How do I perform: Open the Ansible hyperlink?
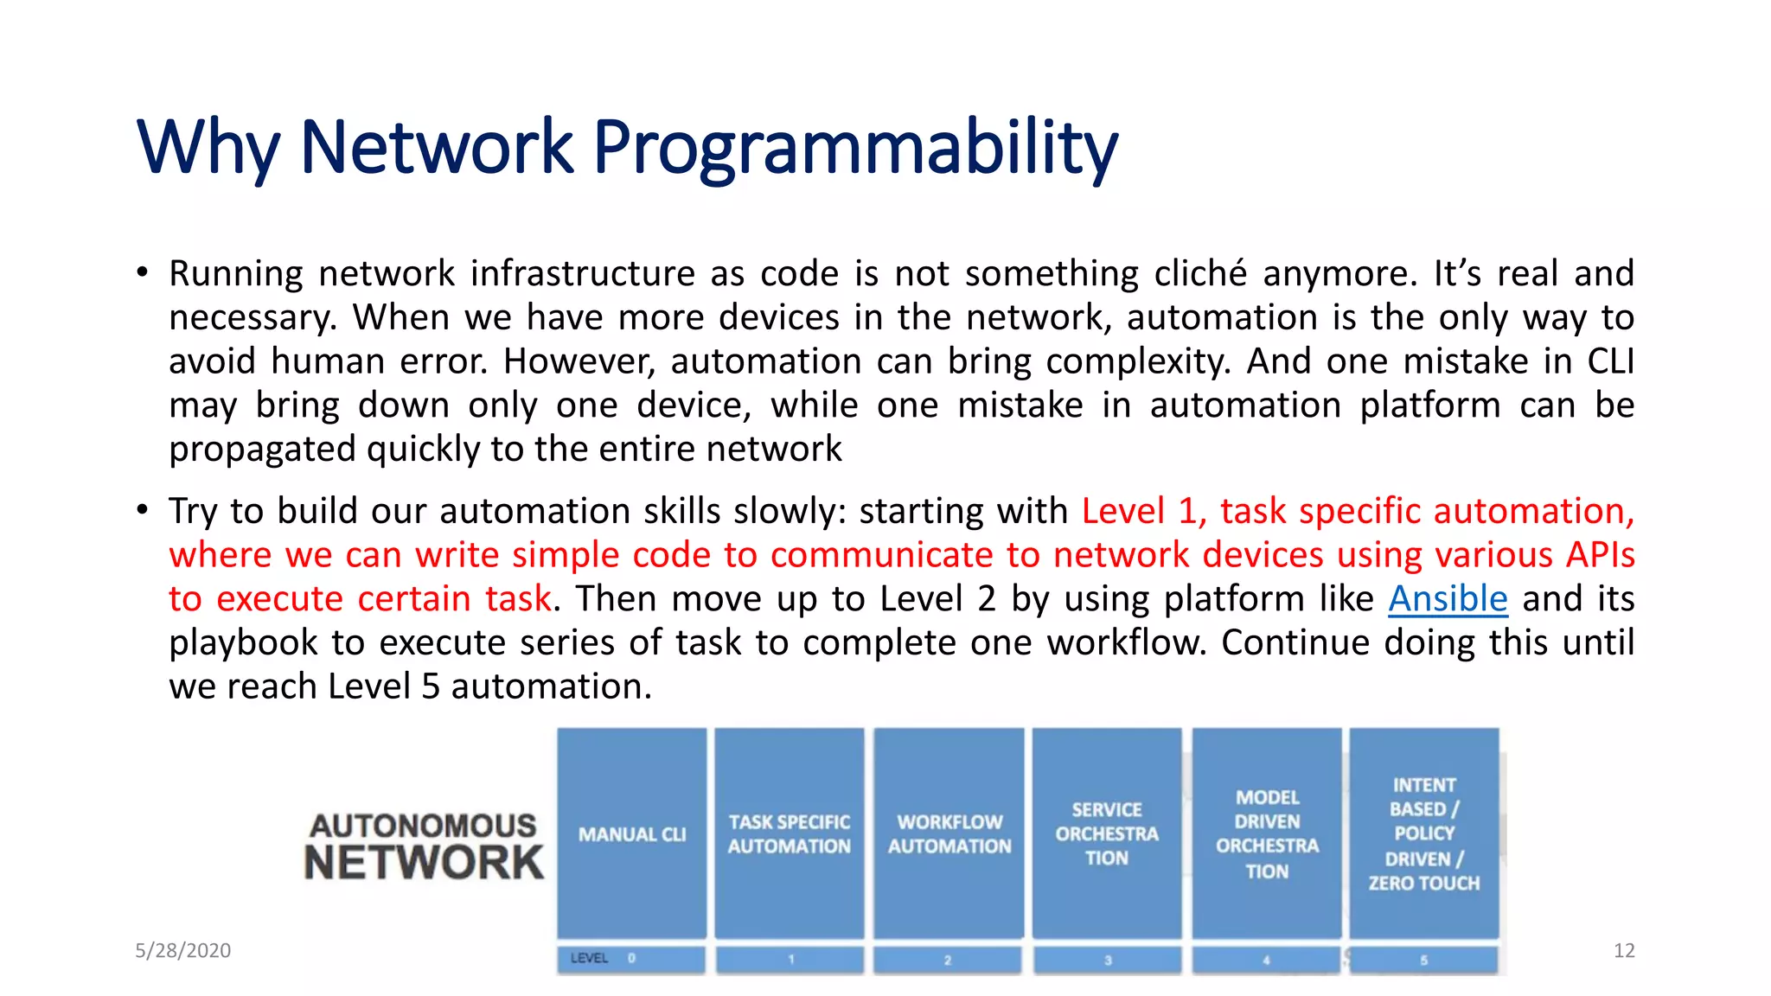pyautogui.click(x=1448, y=598)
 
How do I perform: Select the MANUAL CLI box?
pyautogui.click(x=632, y=833)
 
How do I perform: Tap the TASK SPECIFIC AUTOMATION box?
pyautogui.click(x=789, y=833)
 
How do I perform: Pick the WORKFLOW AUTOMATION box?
pyautogui.click(x=949, y=833)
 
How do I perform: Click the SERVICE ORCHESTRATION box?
pyautogui.click(x=1107, y=833)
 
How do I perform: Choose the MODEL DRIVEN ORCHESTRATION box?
pyautogui.click(x=1267, y=833)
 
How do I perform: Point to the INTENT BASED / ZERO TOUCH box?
pyautogui.click(x=1423, y=833)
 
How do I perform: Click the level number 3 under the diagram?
pyautogui.click(x=1108, y=960)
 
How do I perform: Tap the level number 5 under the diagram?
pyautogui.click(x=1423, y=960)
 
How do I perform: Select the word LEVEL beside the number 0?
pyautogui.click(x=589, y=958)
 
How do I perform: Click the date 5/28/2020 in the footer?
pyautogui.click(x=182, y=950)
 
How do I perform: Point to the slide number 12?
pyautogui.click(x=1623, y=950)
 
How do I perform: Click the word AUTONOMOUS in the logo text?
pyautogui.click(x=423, y=826)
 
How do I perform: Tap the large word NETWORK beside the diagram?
pyautogui.click(x=424, y=863)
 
